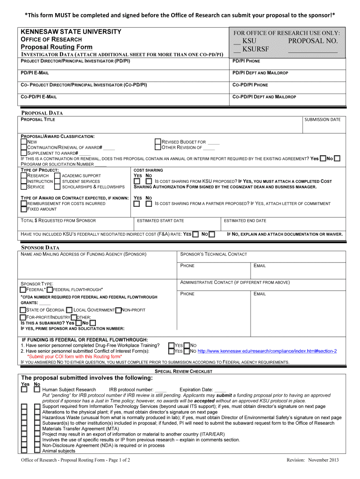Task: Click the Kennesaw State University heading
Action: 71,32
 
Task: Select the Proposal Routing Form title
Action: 57,47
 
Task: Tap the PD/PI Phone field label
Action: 246,61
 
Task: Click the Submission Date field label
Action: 323,120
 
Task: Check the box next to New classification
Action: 24,141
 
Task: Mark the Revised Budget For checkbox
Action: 158,141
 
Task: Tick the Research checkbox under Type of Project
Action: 24,176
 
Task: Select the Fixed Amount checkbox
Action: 24,209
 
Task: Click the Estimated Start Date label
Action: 160,221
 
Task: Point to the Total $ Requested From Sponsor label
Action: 58,221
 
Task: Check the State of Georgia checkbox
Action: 23,310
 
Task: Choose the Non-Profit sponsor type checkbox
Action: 118,310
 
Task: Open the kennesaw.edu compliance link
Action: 267,351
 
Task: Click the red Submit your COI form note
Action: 75,356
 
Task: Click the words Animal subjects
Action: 58,451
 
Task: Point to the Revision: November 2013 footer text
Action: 312,460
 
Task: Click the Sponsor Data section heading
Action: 41,247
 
